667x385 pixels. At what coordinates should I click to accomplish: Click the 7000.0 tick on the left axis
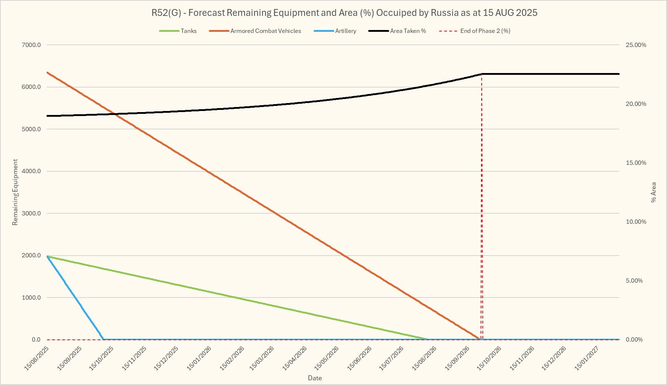31,45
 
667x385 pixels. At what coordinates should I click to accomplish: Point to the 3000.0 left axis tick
31,213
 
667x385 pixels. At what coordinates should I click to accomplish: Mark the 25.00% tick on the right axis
636,45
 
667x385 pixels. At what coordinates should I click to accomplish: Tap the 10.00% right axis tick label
636,222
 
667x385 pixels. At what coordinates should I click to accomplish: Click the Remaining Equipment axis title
15,192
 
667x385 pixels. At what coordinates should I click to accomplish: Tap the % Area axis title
653,192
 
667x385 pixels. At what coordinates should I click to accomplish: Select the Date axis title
315,378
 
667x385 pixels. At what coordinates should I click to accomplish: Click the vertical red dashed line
482,217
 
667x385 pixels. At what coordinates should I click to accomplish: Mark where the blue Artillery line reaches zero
104,339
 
